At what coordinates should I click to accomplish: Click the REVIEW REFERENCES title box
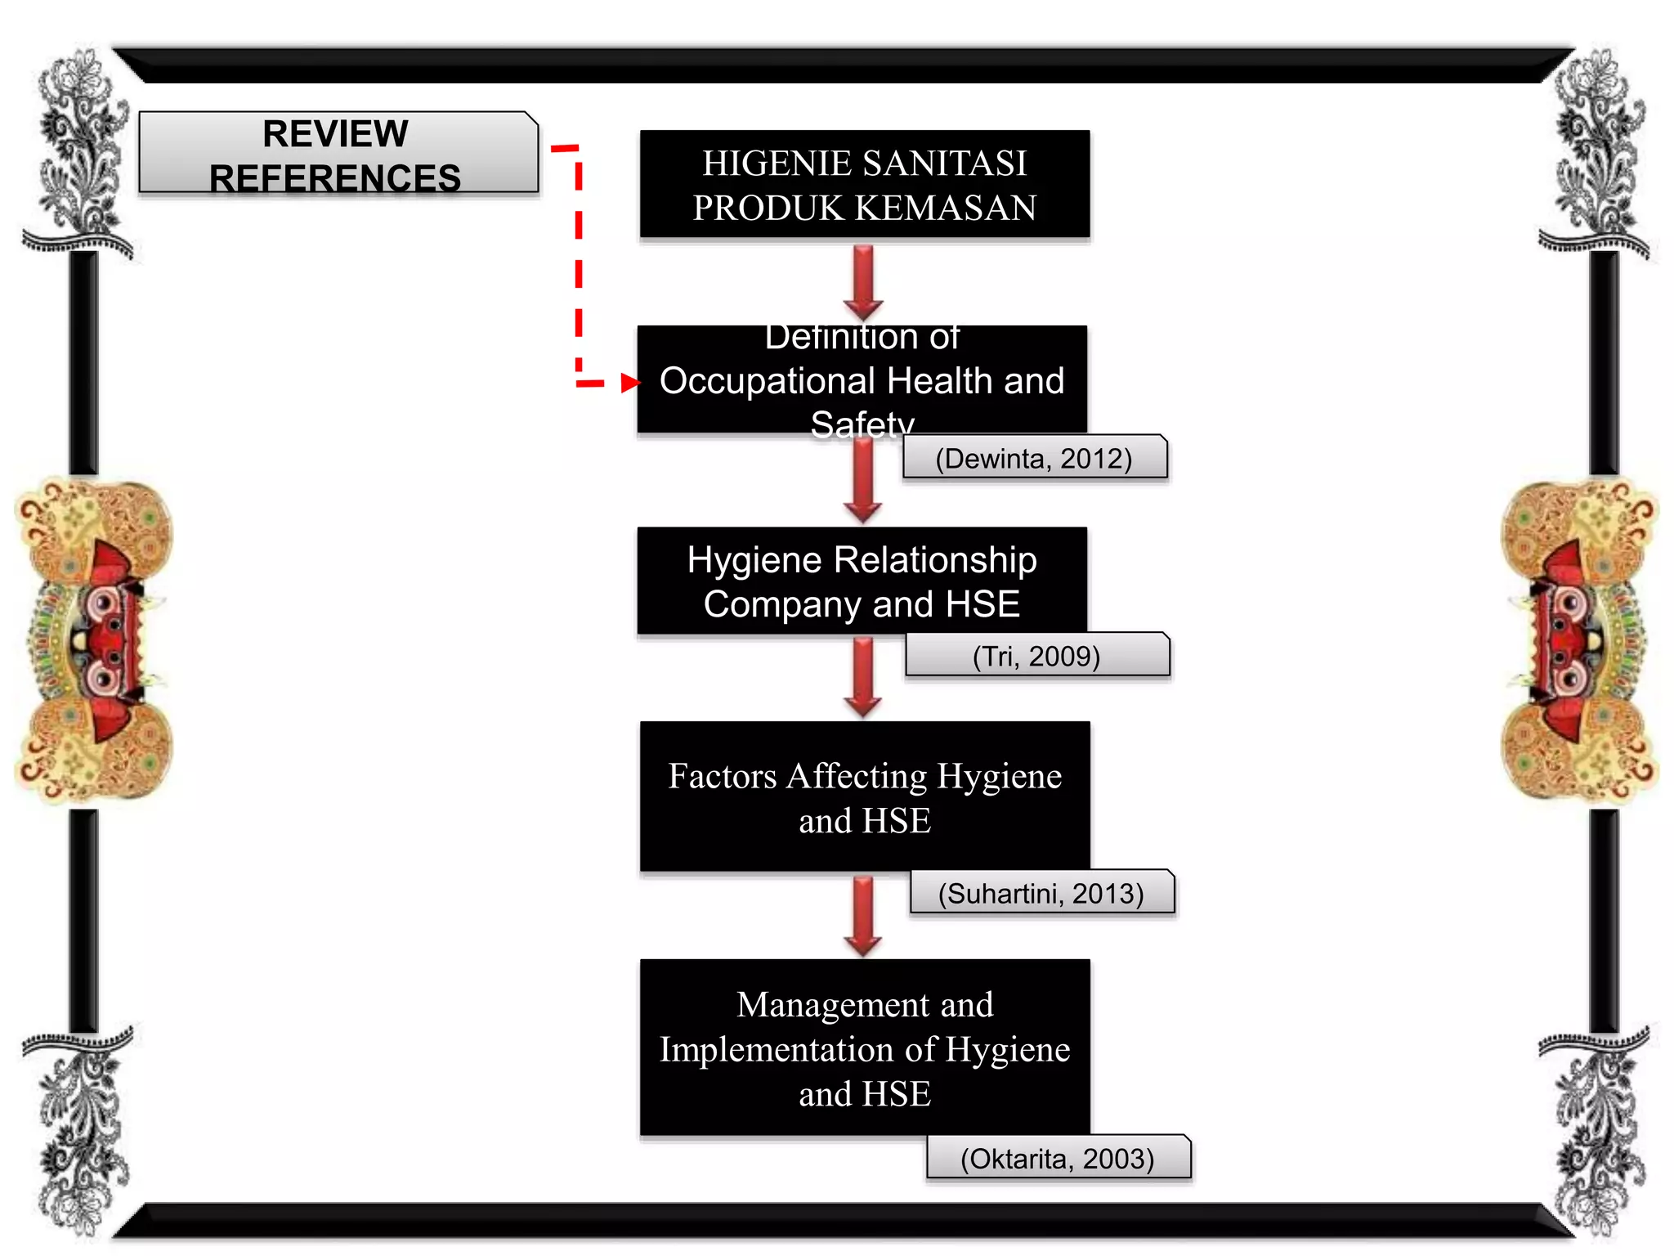point(338,152)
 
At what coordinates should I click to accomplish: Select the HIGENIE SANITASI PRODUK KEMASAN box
point(865,184)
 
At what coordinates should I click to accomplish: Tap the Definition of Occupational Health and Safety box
point(862,379)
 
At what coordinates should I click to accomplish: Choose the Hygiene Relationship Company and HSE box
point(862,581)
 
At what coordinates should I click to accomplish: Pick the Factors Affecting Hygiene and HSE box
point(865,796)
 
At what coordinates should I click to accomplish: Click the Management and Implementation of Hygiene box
point(865,1047)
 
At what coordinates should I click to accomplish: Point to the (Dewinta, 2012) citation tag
point(1035,457)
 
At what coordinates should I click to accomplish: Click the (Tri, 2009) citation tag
point(1037,655)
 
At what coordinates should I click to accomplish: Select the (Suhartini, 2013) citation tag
point(1042,892)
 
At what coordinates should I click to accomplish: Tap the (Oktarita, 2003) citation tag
point(1059,1157)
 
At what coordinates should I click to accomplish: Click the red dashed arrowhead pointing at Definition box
point(630,382)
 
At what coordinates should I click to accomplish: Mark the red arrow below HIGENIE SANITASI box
point(863,283)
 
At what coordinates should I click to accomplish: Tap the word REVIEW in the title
point(335,133)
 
